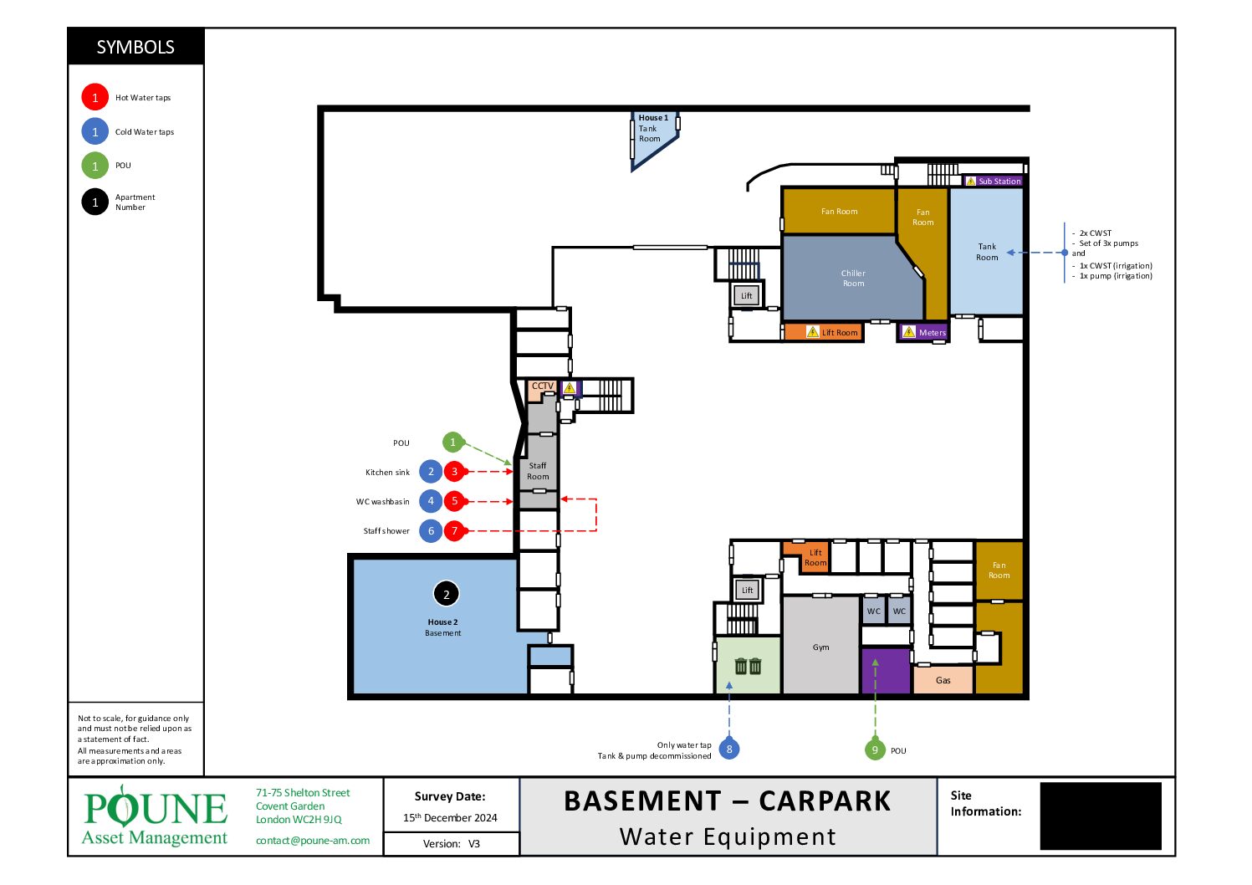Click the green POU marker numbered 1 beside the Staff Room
click(x=452, y=442)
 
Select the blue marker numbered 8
click(x=728, y=749)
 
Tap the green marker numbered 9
click(x=875, y=749)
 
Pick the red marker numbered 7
click(x=454, y=530)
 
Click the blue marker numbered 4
click(x=431, y=501)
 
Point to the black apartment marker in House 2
click(x=446, y=594)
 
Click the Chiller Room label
click(x=853, y=279)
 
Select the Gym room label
click(x=820, y=647)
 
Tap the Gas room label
click(x=943, y=680)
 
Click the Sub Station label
click(x=999, y=182)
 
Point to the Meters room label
click(x=933, y=333)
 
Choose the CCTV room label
click(x=542, y=386)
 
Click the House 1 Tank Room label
click(x=653, y=128)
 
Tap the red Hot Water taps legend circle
click(x=95, y=97)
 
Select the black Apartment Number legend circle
click(x=95, y=202)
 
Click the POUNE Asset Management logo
click(x=155, y=816)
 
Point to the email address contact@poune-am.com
click(x=313, y=841)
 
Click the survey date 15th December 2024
click(x=450, y=817)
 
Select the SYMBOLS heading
click(x=135, y=47)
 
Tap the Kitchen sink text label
click(x=387, y=473)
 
